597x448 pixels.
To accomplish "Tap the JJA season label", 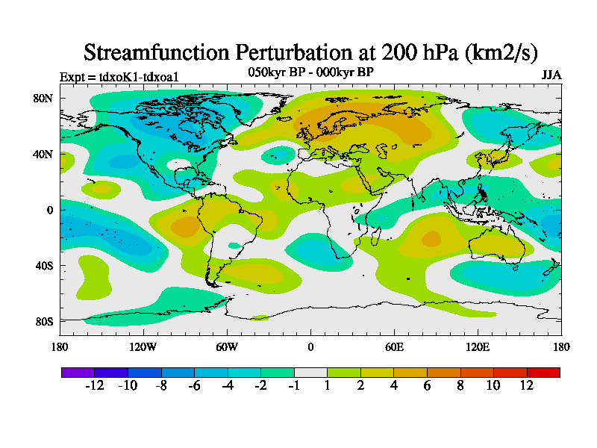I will point(551,75).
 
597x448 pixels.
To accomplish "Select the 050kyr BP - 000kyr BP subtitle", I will point(310,72).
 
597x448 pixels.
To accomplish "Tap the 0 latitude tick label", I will point(50,210).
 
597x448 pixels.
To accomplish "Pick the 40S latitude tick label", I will point(43,266).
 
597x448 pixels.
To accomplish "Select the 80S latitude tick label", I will point(43,321).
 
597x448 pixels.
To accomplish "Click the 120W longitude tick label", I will point(143,346).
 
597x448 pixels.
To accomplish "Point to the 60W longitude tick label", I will point(227,346).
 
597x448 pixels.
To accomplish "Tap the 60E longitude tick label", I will point(394,346).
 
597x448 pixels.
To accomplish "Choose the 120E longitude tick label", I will point(478,346).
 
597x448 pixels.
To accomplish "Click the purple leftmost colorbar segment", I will point(78,372).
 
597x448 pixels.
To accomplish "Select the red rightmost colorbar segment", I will point(543,372).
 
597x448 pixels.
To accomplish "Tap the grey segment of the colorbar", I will point(310,372).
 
